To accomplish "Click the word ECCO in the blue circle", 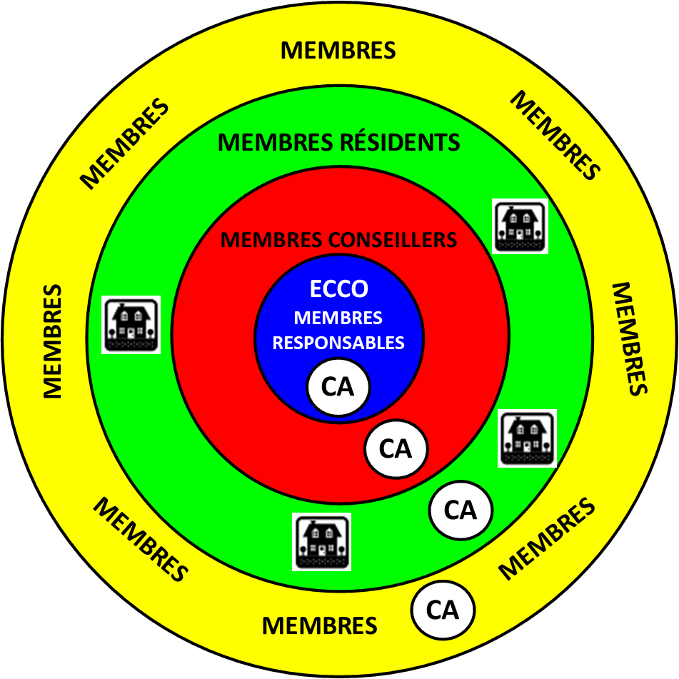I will (x=339, y=289).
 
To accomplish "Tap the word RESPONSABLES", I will (x=338, y=343).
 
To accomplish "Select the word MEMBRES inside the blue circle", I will (x=338, y=318).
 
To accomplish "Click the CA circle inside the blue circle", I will (x=338, y=387).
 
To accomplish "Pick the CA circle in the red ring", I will (x=396, y=449).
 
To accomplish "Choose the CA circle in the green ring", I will (x=461, y=510).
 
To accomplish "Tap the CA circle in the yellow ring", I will (x=443, y=610).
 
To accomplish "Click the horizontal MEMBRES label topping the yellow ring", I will (x=338, y=51).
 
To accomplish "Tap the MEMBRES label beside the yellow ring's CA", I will (x=319, y=626).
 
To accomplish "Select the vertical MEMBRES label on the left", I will (x=52, y=341).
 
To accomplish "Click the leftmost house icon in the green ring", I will (x=131, y=325).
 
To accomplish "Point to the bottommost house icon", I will (x=322, y=541).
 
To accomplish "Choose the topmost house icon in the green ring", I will (x=520, y=226).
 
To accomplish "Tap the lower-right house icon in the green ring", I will (x=527, y=438).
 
